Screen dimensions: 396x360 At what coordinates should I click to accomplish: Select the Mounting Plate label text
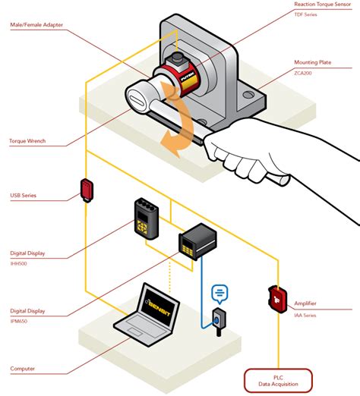coord(314,63)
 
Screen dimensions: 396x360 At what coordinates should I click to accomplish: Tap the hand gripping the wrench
coord(258,152)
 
